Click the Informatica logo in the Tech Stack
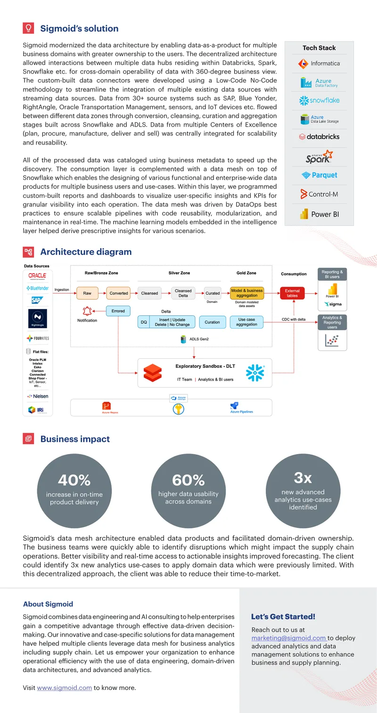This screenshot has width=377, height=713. coord(319,64)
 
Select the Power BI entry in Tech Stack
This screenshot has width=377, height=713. coord(320,214)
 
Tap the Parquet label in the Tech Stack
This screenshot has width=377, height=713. coord(320,175)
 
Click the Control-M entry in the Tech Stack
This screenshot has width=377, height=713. coord(320,194)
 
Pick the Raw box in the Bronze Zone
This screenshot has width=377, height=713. coord(87,293)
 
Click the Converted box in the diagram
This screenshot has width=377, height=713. coord(119,293)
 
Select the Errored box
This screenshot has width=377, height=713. coord(118,311)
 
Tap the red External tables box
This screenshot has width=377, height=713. coord(292,293)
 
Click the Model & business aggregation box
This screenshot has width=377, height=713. coord(247,293)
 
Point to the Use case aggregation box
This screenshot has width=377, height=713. coord(247,322)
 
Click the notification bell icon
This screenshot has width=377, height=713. coord(87,311)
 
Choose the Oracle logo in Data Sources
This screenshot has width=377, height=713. coord(37,275)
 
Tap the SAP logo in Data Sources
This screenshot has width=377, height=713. coord(37,300)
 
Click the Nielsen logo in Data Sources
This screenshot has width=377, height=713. coord(38,396)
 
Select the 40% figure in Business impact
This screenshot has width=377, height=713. coord(74,480)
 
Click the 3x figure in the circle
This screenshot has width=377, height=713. coord(303,478)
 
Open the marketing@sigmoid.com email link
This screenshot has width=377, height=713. coord(289,638)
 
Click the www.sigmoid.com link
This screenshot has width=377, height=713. coord(64,688)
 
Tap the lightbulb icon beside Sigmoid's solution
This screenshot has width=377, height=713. coord(28,28)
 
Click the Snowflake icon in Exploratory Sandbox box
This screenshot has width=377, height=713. coord(255,373)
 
